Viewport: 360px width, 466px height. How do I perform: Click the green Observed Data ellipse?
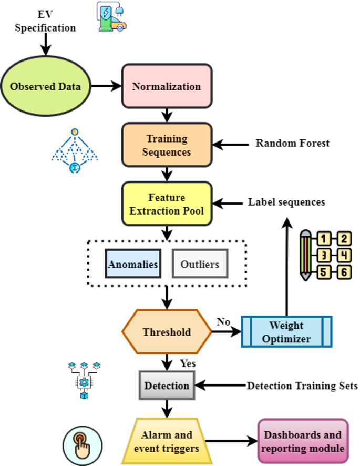click(46, 86)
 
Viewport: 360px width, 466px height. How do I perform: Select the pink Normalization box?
click(167, 86)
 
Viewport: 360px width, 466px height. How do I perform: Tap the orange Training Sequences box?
click(167, 145)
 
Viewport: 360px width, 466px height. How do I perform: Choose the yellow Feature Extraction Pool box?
click(167, 204)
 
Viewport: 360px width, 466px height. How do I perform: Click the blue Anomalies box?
click(133, 264)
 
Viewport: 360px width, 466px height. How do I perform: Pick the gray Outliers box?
click(200, 264)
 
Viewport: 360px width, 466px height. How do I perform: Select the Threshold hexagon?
click(167, 332)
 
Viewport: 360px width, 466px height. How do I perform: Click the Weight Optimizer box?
click(286, 332)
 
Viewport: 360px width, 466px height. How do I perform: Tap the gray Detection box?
click(167, 386)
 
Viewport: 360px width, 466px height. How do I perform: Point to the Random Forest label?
click(292, 143)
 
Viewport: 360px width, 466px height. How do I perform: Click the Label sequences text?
click(286, 202)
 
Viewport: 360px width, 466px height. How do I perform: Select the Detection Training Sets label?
click(302, 386)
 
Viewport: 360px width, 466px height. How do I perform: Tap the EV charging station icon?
click(112, 17)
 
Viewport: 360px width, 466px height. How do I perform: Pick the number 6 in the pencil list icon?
click(343, 272)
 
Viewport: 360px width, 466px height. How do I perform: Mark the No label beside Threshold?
click(223, 322)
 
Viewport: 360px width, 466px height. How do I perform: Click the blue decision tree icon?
click(75, 150)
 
